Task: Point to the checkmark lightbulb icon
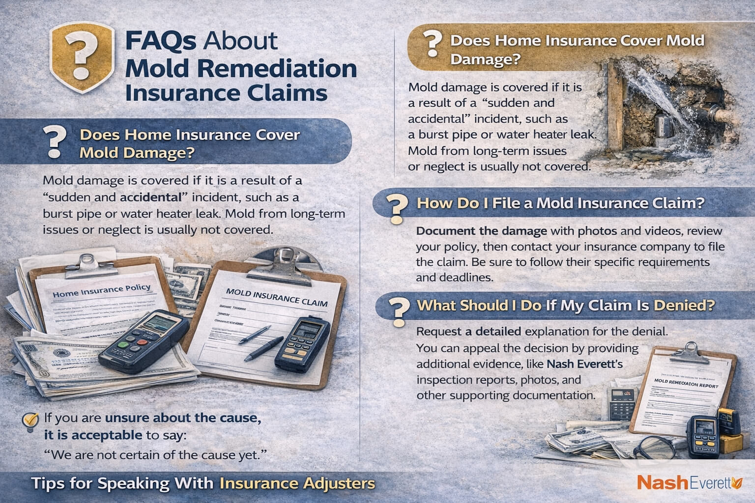(30, 421)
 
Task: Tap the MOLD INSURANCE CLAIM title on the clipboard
(276, 297)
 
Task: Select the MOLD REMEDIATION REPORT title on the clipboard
(687, 383)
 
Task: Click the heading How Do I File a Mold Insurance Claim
(560, 203)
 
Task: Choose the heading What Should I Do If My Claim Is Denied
(565, 306)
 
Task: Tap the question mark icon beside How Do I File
(396, 209)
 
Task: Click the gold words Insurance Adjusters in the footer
(297, 483)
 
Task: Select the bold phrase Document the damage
(481, 231)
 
